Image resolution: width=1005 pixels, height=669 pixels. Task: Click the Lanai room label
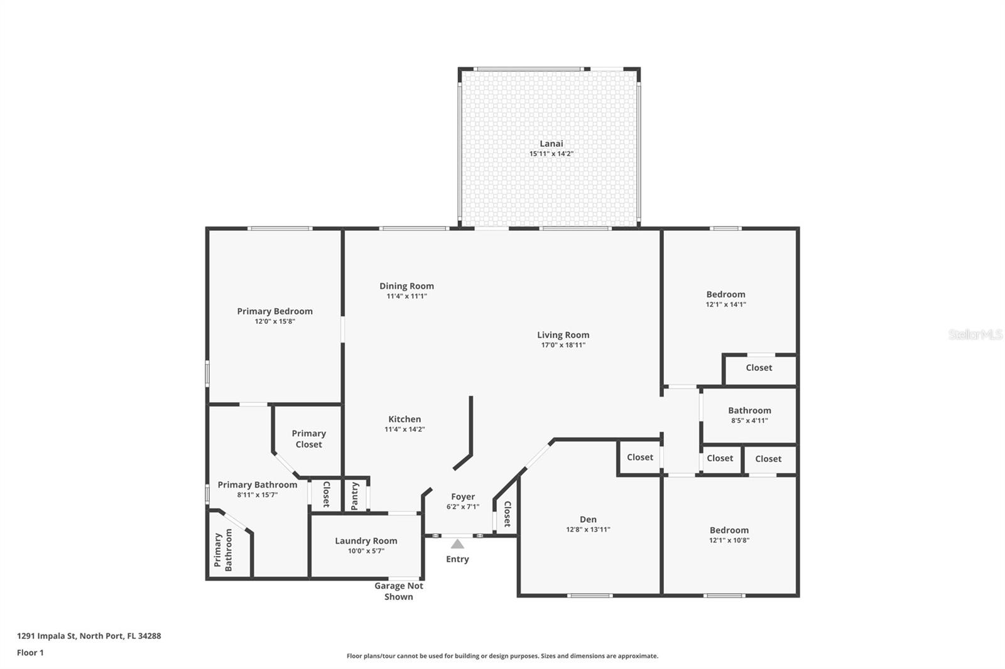(551, 144)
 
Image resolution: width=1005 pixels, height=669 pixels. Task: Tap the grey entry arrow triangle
(457, 544)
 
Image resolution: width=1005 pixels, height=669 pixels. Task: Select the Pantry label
(355, 496)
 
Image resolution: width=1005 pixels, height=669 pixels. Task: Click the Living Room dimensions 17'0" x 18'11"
(563, 345)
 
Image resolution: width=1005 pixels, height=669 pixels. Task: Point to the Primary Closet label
(308, 439)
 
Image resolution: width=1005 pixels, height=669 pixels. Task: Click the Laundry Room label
(366, 541)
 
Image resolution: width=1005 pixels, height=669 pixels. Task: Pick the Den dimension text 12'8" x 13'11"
(588, 530)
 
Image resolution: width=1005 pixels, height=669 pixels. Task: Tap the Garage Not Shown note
(398, 591)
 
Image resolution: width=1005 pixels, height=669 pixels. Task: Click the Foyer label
(463, 497)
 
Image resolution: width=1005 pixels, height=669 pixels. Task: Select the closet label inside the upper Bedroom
(759, 368)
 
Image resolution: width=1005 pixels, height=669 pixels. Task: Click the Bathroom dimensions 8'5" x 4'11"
(749, 421)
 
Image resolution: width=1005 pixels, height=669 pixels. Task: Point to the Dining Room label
(406, 286)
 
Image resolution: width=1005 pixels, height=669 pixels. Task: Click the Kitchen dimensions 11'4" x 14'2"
(405, 430)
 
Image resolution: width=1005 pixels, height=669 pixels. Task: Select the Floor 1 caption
(30, 653)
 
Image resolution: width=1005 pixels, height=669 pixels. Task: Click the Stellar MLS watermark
(975, 334)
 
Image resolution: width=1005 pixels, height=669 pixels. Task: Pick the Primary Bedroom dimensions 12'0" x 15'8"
(274, 321)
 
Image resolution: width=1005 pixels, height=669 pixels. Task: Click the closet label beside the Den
(639, 458)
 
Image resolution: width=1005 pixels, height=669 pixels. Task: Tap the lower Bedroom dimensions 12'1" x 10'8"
(729, 540)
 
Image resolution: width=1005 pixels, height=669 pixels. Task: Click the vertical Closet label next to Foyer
(507, 513)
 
